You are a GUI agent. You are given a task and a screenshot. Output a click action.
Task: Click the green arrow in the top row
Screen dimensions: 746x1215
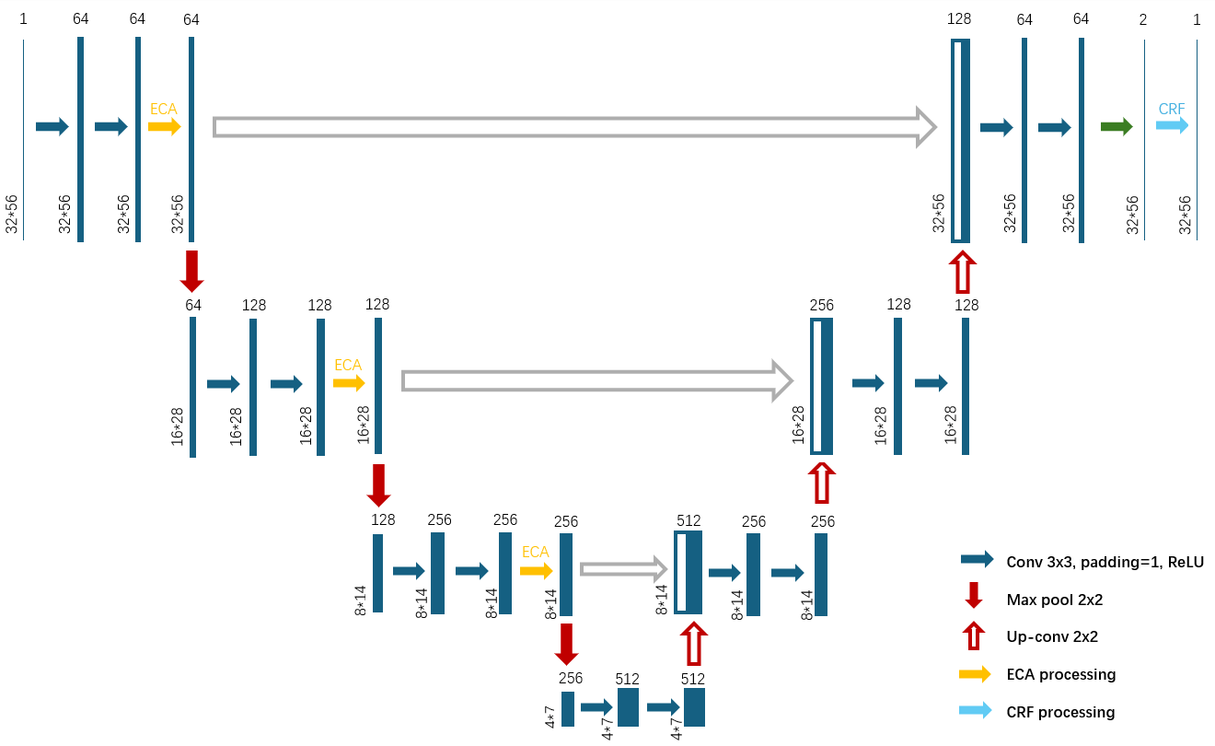(x=1117, y=126)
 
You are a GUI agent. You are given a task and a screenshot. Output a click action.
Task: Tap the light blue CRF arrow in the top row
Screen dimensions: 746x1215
(x=1173, y=126)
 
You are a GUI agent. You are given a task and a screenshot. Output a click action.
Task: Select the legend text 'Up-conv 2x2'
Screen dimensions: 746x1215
(x=1052, y=636)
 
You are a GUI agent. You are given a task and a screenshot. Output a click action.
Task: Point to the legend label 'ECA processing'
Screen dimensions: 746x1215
(x=1061, y=674)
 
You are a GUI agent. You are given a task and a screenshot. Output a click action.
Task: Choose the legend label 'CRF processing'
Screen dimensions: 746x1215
(x=1060, y=712)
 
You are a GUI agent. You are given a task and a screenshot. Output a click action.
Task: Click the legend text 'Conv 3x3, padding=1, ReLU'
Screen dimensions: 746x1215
(x=1105, y=562)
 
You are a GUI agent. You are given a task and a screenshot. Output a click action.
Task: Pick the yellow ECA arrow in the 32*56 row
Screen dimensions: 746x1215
(x=165, y=126)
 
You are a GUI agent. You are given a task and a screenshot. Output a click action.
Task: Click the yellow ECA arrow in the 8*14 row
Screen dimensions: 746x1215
(x=536, y=571)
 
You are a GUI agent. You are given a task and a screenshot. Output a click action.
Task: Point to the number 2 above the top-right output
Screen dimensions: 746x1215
(x=1142, y=19)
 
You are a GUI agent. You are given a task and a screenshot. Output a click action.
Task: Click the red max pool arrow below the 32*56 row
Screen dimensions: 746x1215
(x=191, y=270)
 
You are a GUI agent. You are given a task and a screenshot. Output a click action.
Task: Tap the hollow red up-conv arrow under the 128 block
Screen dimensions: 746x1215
(x=961, y=271)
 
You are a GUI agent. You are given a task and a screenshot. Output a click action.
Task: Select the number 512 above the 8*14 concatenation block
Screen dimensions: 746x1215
(x=688, y=520)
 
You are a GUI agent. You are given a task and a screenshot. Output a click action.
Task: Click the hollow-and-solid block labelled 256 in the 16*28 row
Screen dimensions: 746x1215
(x=822, y=387)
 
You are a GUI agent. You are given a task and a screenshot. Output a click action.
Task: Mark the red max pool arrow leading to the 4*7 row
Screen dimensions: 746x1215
(x=567, y=644)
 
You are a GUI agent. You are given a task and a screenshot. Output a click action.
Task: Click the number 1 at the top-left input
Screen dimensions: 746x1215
(x=23, y=19)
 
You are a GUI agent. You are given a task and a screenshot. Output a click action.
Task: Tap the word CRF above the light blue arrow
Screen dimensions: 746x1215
(x=1172, y=109)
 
